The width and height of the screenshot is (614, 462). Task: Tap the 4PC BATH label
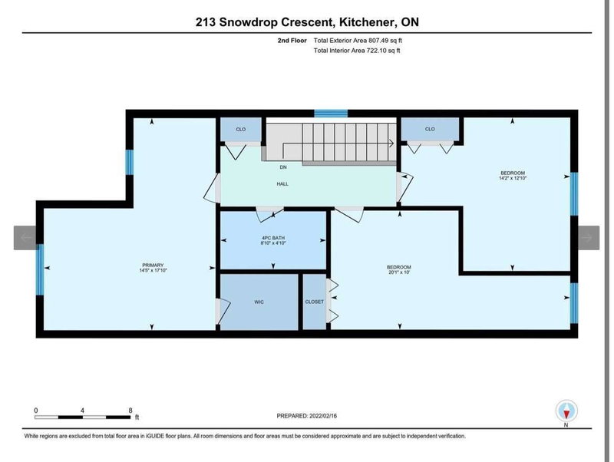click(272, 236)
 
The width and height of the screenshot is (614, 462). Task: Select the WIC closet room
click(259, 302)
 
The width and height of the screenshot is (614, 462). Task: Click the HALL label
click(282, 184)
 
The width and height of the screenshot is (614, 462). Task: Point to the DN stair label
click(282, 167)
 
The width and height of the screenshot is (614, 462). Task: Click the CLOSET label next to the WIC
click(315, 302)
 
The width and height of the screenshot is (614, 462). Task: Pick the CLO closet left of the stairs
click(240, 129)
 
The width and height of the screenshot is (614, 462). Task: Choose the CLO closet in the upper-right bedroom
click(430, 129)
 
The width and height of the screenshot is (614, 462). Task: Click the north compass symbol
click(566, 411)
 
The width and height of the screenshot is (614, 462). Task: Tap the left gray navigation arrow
click(25, 238)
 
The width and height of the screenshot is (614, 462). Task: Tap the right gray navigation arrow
click(588, 238)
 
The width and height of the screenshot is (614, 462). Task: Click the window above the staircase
click(331, 114)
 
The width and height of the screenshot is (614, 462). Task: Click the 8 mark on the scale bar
click(130, 410)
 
